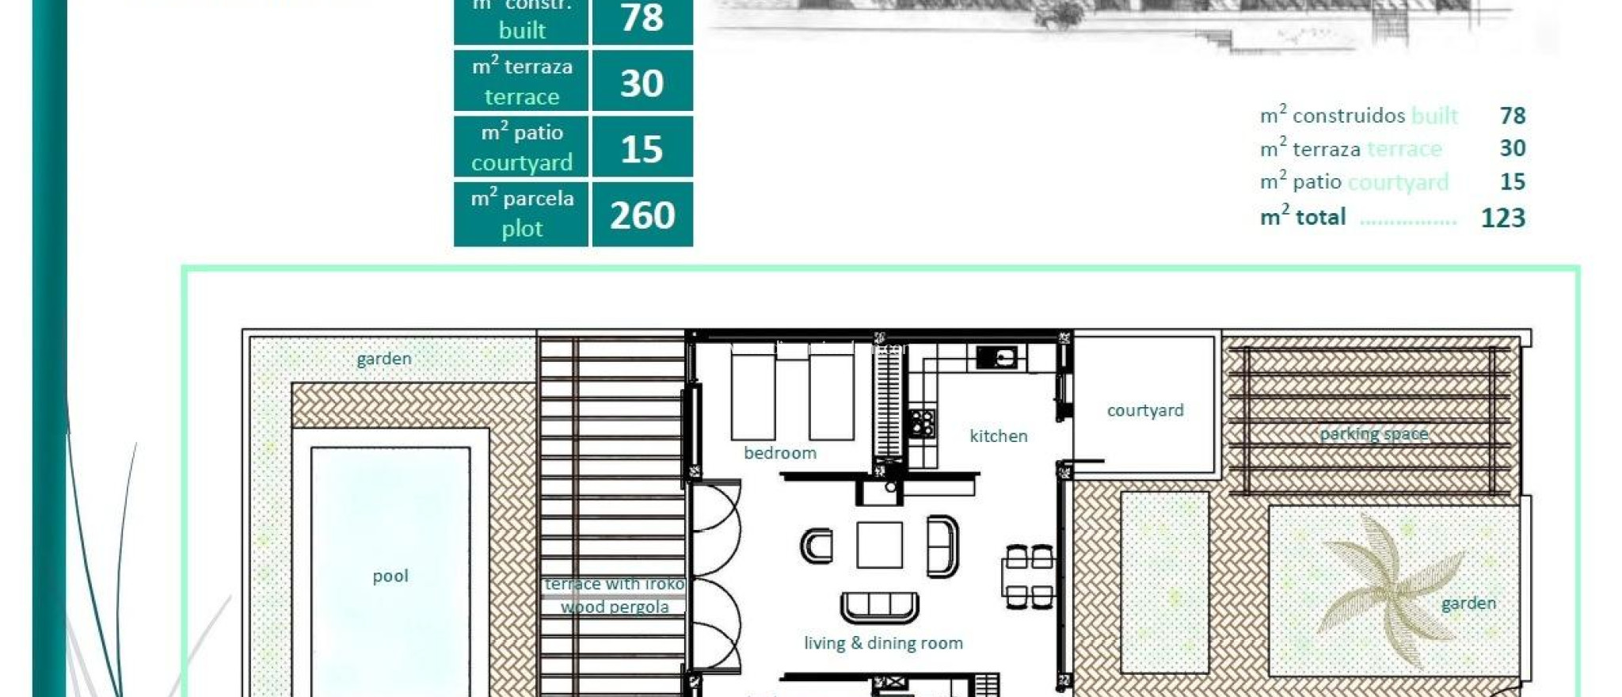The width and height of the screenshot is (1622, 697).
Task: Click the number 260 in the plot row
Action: tap(642, 215)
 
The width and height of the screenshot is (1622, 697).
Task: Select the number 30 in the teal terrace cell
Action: tap(642, 82)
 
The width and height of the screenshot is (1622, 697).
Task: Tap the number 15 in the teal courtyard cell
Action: tap(642, 149)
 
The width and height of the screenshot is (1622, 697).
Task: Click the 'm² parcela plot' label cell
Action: tap(521, 214)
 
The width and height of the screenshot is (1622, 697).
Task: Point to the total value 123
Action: tap(1502, 218)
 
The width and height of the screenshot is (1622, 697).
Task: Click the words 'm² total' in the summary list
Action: tap(1303, 217)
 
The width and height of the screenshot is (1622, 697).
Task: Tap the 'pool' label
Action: tap(390, 576)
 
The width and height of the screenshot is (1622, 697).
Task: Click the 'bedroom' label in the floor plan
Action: tap(779, 452)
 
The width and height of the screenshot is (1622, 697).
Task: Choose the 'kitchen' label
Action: tap(998, 436)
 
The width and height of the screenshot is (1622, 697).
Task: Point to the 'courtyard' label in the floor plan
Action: tap(1144, 410)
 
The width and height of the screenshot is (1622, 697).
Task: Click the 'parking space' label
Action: tap(1373, 433)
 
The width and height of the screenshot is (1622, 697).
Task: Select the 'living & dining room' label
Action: tap(883, 643)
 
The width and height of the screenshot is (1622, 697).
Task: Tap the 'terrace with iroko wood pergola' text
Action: tap(615, 595)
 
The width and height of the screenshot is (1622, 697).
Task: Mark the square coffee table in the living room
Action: tap(879, 544)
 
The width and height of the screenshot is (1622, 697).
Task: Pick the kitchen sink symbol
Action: tap(998, 357)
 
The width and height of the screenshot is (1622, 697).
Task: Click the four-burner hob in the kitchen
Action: tap(921, 423)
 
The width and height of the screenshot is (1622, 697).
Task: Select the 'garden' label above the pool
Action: tap(383, 359)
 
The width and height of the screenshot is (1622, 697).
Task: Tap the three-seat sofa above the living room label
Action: tap(879, 607)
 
